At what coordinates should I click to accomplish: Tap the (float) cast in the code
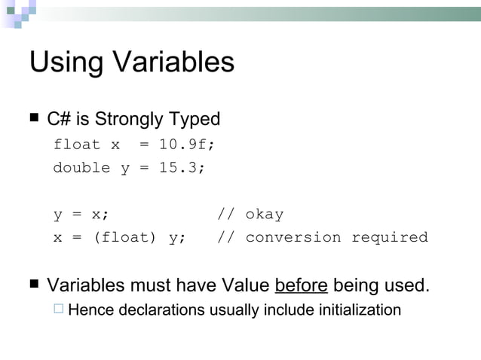pyautogui.click(x=124, y=238)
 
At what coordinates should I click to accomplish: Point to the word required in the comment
pyautogui.click(x=390, y=238)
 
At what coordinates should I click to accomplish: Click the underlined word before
pyautogui.click(x=302, y=285)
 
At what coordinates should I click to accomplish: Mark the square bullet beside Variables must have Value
pyautogui.click(x=34, y=284)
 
